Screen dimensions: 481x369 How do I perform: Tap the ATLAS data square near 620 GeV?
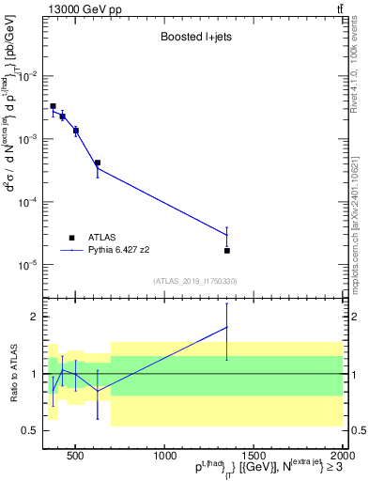[x=98, y=163]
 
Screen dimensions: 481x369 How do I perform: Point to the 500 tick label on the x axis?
[x=77, y=455]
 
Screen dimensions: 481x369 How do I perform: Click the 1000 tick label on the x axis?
[x=164, y=455]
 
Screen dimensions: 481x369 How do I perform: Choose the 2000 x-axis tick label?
[x=341, y=455]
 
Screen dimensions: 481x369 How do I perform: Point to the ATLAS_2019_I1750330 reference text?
[x=194, y=281]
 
